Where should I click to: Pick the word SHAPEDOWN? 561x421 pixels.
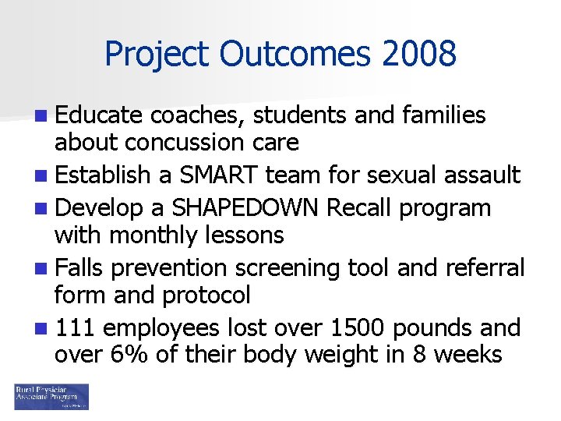246,208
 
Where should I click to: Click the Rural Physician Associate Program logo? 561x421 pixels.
51,396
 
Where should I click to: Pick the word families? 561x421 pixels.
443,115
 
